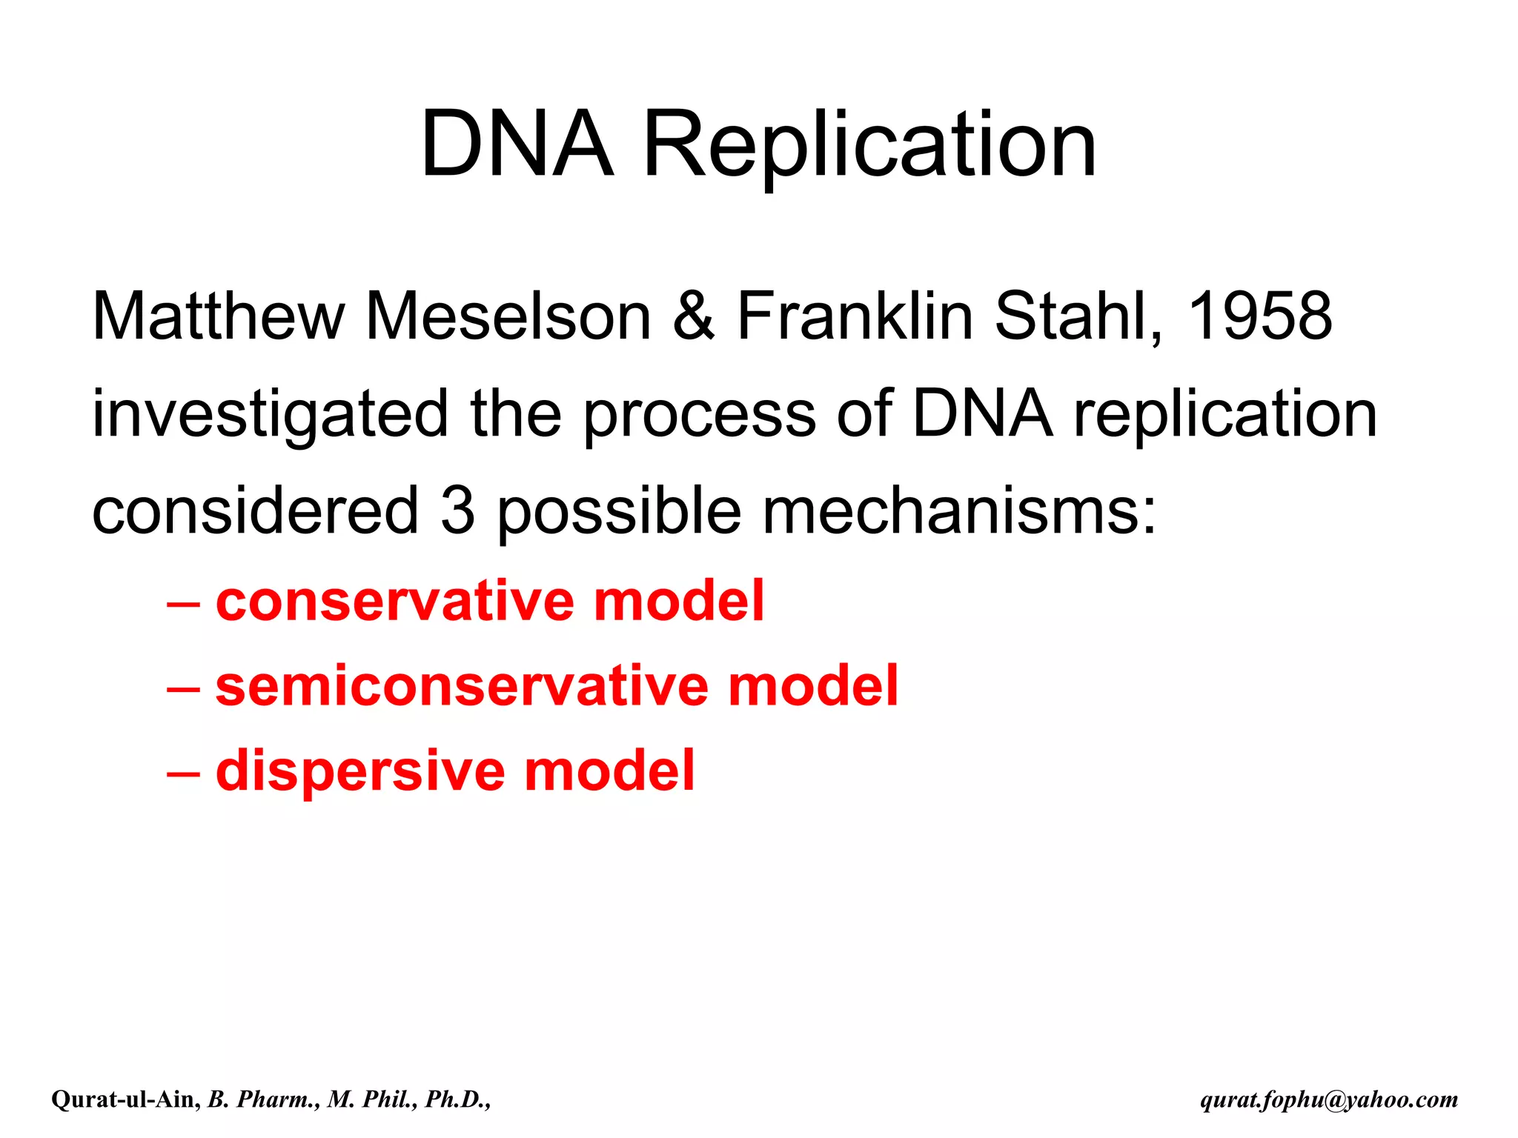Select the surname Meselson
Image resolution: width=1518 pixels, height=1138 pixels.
(x=508, y=316)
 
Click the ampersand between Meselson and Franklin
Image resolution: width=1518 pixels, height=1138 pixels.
(x=693, y=316)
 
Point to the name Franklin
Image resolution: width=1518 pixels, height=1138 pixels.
(x=854, y=316)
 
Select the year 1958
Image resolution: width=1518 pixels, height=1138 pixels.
(x=1259, y=316)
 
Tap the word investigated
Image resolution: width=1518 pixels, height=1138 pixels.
(x=270, y=415)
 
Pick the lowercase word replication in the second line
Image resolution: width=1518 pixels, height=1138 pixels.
(x=1225, y=415)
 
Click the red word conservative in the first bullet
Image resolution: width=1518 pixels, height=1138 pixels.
(x=394, y=601)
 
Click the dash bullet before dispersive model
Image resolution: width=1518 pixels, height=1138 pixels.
(x=183, y=772)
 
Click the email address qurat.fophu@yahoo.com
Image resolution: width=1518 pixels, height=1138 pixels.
(x=1329, y=1099)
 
